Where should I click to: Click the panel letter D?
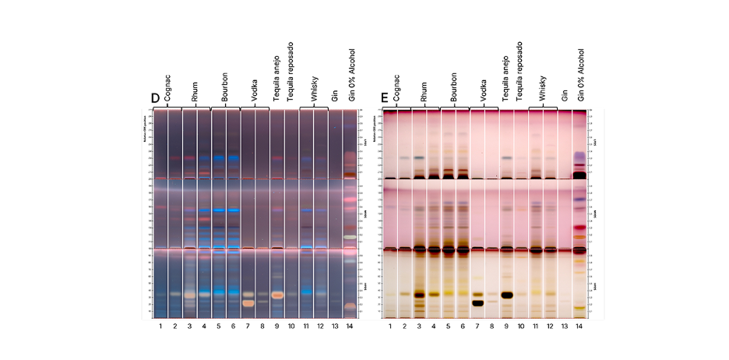tap(155, 98)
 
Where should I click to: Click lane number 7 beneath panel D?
tap(248, 325)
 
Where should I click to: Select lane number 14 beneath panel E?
tap(579, 325)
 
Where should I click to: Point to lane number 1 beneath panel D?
tap(160, 325)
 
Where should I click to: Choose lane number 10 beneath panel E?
tap(520, 325)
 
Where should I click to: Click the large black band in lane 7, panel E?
tap(477, 303)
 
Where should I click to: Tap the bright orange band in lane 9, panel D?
tap(277, 295)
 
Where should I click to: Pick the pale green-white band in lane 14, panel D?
tap(350, 236)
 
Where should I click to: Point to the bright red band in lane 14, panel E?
tap(579, 228)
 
